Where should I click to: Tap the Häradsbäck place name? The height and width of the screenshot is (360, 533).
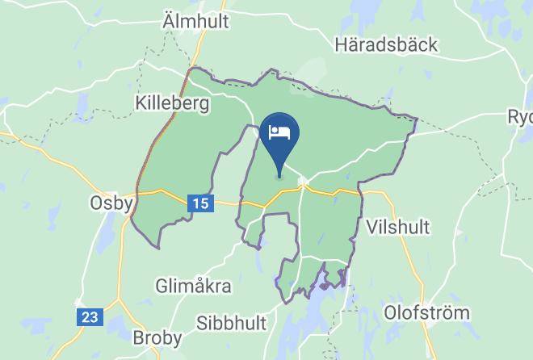[x=387, y=44]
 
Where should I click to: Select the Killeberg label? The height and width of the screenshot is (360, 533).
[x=172, y=103]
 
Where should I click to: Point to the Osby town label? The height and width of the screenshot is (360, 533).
[x=111, y=203]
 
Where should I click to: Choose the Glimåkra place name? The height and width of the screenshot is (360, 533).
[x=193, y=286]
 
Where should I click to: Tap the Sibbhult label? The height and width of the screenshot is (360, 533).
[x=231, y=323]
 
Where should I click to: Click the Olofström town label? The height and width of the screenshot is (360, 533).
[x=426, y=312]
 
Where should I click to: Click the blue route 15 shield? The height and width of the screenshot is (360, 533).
[x=201, y=204]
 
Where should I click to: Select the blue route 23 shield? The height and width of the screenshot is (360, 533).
[x=90, y=316]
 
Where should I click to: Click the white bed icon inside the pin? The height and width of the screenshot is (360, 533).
[x=280, y=132]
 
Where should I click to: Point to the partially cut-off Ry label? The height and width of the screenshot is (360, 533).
[x=519, y=117]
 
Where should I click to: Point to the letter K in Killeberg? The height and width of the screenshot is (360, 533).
[x=140, y=103]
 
